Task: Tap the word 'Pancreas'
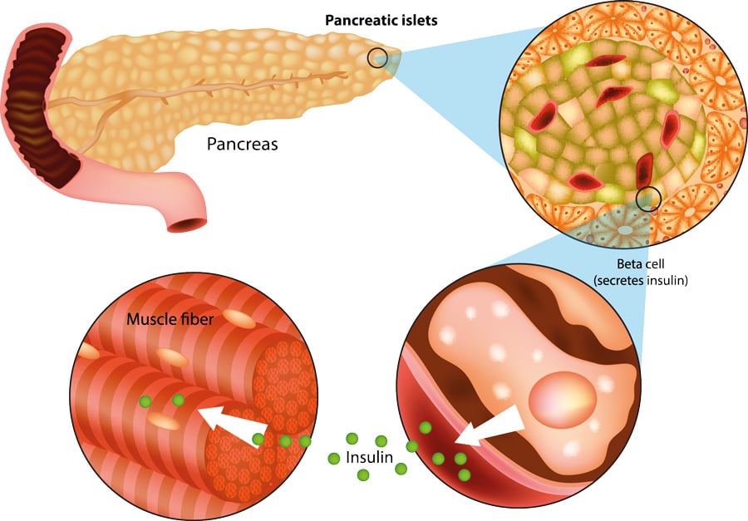[x=242, y=144]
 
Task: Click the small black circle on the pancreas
[x=377, y=57]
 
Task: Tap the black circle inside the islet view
[x=648, y=199]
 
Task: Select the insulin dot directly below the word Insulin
[x=363, y=475]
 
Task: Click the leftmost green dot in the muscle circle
[x=145, y=402]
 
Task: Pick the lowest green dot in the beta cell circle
[x=464, y=474]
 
